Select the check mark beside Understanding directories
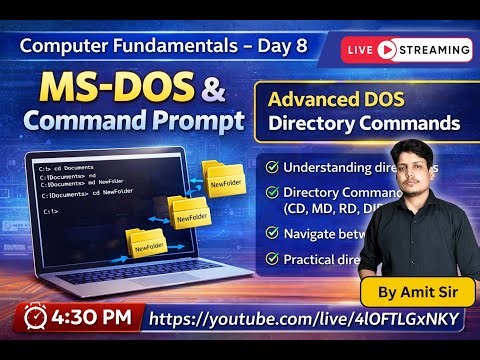(x=272, y=165)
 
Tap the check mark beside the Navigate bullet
(x=272, y=233)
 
